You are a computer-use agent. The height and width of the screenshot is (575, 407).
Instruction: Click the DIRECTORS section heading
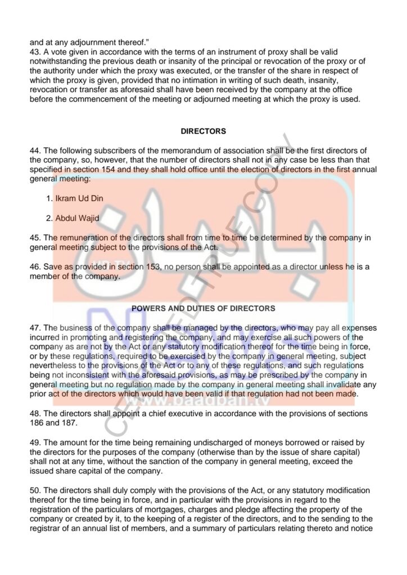point(203,131)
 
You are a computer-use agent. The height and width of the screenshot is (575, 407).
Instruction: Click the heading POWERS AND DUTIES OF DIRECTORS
point(203,308)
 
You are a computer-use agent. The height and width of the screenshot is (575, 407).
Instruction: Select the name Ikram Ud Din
point(79,199)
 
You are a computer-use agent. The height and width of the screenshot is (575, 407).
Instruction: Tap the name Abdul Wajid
point(76,218)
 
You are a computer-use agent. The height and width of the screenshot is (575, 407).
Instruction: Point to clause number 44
point(35,151)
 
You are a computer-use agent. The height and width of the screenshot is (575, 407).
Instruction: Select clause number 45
point(35,238)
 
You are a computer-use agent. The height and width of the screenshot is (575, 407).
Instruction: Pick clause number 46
point(35,267)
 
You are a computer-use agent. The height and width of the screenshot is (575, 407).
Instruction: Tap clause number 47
point(35,328)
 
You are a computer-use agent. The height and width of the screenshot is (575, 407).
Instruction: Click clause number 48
point(35,413)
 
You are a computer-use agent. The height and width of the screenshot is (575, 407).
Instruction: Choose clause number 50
point(35,491)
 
